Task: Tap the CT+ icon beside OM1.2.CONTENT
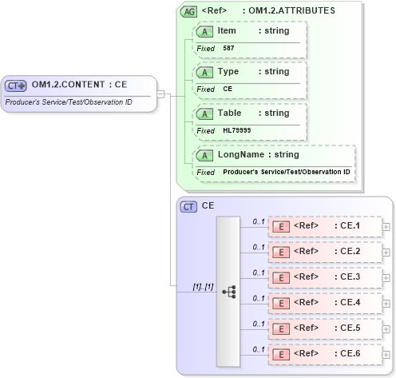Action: (x=17, y=85)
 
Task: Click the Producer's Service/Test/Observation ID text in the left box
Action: (x=69, y=101)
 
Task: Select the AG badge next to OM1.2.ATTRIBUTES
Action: (x=189, y=11)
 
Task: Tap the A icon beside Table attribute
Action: (x=205, y=113)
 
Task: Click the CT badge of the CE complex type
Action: (x=189, y=206)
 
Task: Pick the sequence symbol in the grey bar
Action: (x=228, y=292)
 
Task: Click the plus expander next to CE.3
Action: (x=386, y=277)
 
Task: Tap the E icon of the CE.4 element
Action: (x=281, y=303)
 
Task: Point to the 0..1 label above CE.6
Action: (x=259, y=348)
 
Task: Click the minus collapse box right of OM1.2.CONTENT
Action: (x=160, y=94)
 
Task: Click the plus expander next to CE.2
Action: (x=386, y=252)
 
